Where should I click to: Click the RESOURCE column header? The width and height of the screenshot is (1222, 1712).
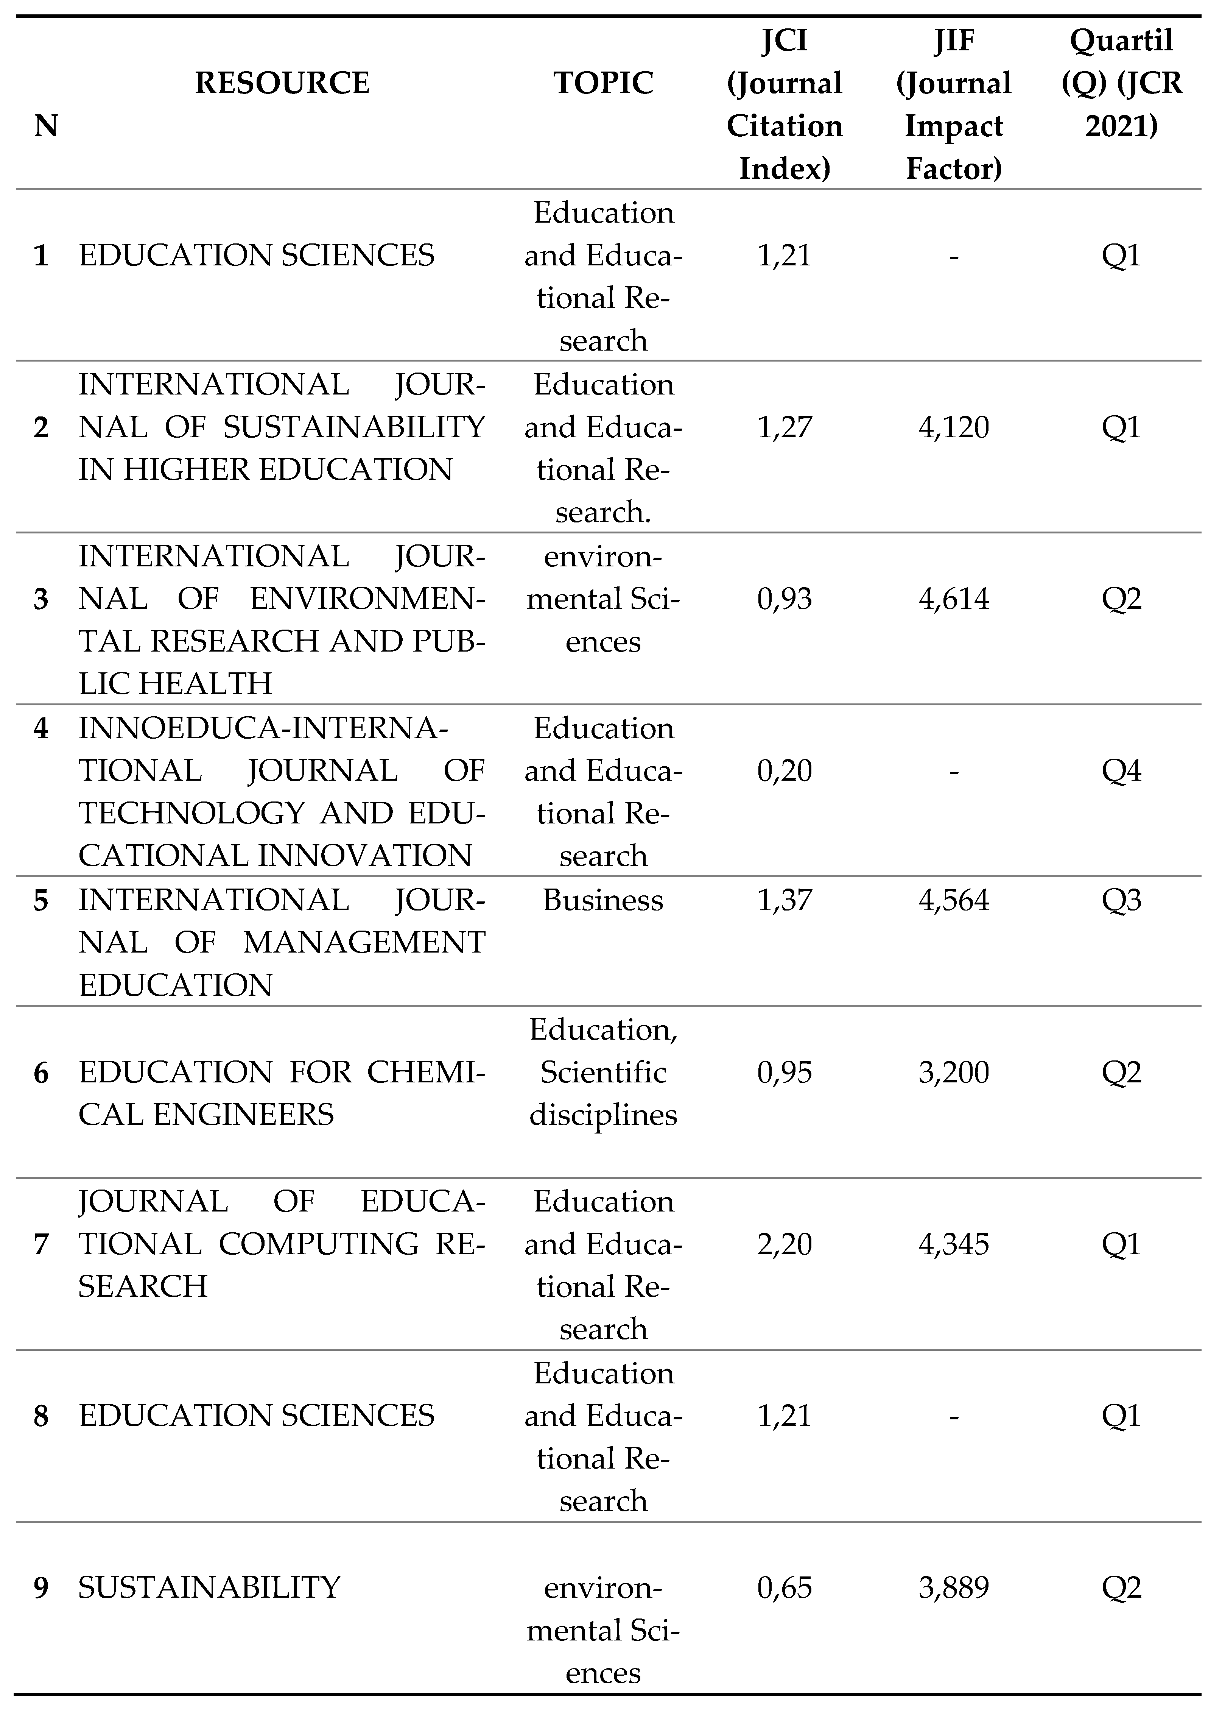pos(282,83)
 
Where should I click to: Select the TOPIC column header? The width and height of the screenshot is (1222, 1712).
pos(604,83)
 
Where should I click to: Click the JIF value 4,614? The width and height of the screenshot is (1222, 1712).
pos(953,599)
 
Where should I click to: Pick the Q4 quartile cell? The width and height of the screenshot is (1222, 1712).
pos(1121,770)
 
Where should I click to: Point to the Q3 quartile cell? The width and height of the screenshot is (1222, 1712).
pos(1121,900)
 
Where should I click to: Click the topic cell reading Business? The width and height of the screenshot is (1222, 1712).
pos(604,900)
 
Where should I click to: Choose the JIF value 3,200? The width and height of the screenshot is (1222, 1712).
pos(953,1072)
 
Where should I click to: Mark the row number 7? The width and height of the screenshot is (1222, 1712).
pos(41,1245)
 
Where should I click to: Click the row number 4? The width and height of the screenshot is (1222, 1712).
pos(41,728)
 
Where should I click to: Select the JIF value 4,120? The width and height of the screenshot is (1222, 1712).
pos(953,427)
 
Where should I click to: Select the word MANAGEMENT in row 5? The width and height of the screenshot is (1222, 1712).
pos(364,942)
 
